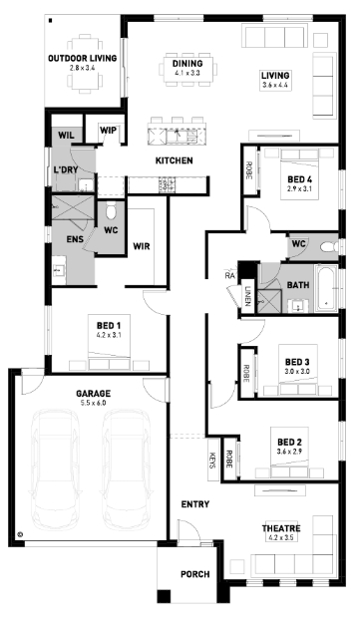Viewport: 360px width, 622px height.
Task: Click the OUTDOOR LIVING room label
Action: tap(82, 58)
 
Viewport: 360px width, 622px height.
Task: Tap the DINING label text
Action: tap(187, 64)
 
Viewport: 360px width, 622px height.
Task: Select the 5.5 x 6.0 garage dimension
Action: tap(94, 403)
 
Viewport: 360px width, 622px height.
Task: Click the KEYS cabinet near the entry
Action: tap(212, 460)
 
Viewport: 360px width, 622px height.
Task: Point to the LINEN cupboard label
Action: tap(247, 296)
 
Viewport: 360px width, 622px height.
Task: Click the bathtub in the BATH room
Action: tap(326, 288)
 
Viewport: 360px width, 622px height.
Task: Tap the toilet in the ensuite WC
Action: tap(111, 211)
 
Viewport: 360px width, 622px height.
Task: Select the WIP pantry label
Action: tap(108, 131)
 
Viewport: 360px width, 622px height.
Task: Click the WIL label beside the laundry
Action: tap(66, 135)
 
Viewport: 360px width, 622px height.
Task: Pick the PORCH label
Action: tap(195, 574)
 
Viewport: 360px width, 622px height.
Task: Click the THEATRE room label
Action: tap(281, 528)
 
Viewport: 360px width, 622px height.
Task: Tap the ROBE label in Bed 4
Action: tap(249, 170)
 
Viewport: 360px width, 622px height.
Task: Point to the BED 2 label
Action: tap(289, 442)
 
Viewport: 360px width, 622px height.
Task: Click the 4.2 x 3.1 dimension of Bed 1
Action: tap(109, 335)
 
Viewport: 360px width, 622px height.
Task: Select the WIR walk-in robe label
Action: tap(142, 246)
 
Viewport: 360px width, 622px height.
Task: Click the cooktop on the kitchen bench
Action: tap(167, 184)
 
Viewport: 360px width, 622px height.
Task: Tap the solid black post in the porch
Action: tap(164, 597)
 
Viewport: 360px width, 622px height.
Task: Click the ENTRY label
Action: tap(194, 504)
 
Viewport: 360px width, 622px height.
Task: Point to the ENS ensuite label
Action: tap(75, 239)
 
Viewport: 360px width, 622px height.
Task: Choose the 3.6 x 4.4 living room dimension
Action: tap(275, 85)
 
